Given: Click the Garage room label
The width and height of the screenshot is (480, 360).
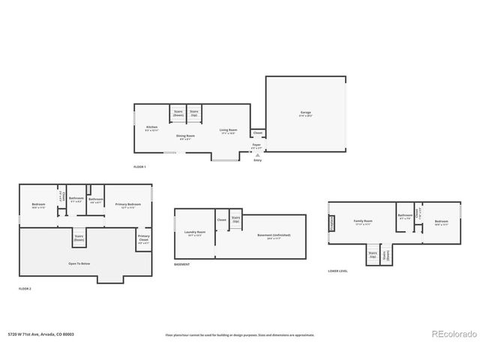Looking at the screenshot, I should click(305, 113).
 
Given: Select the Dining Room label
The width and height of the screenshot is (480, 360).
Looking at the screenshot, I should click(184, 136).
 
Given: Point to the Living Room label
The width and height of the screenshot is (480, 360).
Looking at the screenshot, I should click(228, 130).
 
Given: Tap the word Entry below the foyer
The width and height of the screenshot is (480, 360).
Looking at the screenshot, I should click(258, 160).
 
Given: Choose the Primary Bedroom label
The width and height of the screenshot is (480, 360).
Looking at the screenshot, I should click(128, 205).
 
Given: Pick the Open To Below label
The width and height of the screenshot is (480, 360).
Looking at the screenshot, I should click(79, 263).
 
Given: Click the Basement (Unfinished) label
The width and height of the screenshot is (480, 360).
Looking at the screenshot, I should click(273, 235).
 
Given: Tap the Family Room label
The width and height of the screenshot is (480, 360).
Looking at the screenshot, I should click(364, 222).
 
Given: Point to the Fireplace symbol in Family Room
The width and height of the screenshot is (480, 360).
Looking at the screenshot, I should click(331, 223).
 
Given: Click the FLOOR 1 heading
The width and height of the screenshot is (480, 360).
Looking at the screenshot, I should click(139, 166).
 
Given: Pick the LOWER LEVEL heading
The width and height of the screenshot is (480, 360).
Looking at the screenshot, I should click(338, 270).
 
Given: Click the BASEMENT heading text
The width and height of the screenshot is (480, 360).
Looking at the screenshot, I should click(181, 265).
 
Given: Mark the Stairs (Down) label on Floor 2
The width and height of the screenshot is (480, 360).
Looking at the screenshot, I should click(78, 238).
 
